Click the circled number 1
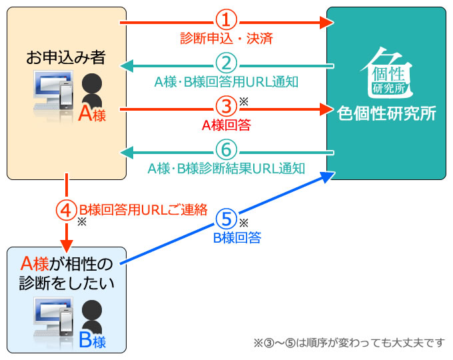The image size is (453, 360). [x=226, y=20]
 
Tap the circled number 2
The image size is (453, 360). [x=226, y=63]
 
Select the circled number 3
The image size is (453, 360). [x=226, y=107]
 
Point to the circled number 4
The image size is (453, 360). [x=67, y=210]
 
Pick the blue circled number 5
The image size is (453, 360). [x=226, y=219]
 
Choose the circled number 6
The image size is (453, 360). [x=226, y=150]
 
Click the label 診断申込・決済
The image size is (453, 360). [x=226, y=39]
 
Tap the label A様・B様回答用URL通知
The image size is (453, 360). [x=226, y=82]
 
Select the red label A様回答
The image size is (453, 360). [x=226, y=125]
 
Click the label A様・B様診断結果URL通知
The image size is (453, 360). [x=226, y=169]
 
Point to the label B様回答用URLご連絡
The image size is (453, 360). [x=143, y=210]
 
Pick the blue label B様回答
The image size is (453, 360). [x=237, y=238]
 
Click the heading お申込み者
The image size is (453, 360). [x=66, y=57]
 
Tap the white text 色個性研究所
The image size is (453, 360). [x=386, y=113]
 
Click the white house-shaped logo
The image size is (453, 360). [x=387, y=72]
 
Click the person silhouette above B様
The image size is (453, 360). [x=92, y=317]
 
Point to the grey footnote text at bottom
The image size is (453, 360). [x=349, y=343]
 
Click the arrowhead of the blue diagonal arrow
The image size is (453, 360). [x=328, y=176]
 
